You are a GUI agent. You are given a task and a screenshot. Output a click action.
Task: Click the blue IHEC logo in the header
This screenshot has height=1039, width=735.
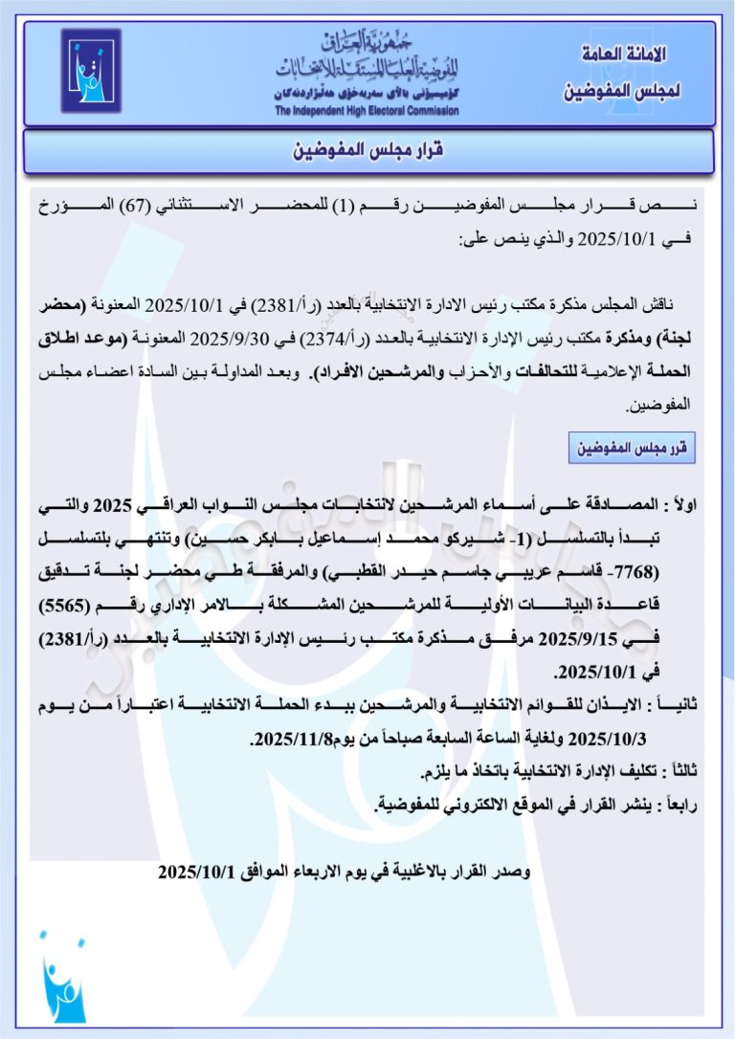click(91, 71)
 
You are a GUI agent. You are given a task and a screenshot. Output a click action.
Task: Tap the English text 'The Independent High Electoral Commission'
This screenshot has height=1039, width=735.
click(367, 111)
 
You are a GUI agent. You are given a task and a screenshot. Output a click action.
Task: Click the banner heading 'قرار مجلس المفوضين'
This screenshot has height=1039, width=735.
click(368, 151)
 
